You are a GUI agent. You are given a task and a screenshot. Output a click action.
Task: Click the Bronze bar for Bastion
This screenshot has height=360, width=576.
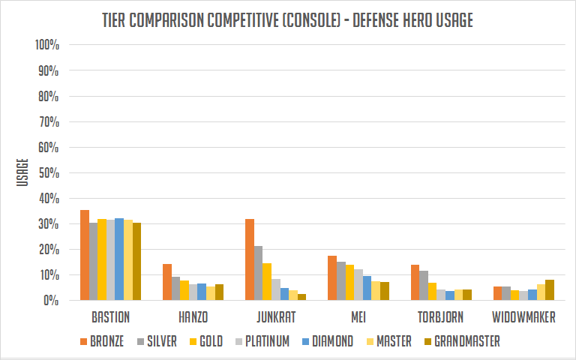(85, 255)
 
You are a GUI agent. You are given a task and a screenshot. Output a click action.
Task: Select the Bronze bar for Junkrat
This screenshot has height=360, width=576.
(250, 259)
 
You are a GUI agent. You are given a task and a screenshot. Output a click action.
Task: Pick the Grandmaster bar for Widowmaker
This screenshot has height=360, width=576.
(550, 289)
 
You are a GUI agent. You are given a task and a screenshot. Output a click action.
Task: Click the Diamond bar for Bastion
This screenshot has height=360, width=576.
(119, 259)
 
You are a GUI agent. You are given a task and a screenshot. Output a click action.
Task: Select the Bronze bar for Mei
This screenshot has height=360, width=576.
(332, 277)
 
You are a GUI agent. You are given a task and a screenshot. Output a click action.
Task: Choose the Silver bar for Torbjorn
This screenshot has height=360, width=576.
(424, 285)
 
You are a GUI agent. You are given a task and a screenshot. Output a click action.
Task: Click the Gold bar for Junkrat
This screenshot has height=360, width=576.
(267, 281)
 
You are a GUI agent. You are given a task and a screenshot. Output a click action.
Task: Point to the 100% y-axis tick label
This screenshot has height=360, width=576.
(46, 45)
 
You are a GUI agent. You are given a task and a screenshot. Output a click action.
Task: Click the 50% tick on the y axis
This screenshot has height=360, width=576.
(49, 172)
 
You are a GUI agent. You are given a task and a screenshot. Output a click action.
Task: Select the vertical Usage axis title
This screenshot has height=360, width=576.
(22, 172)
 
